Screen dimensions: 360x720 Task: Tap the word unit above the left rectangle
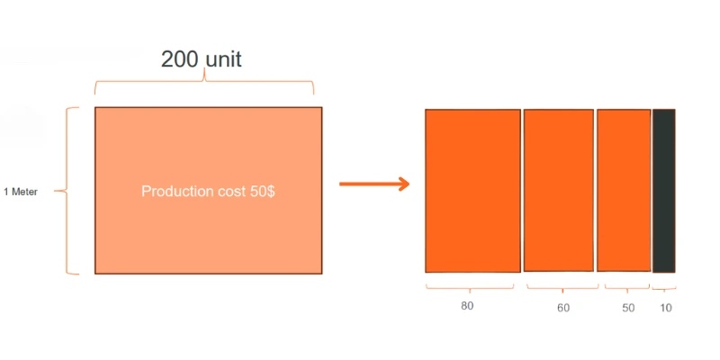(x=221, y=59)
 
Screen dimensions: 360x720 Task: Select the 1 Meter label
(x=20, y=192)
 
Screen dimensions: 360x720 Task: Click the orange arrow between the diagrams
(x=373, y=184)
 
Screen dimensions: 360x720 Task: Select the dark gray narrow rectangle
(x=663, y=191)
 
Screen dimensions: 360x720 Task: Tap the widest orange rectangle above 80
(x=472, y=191)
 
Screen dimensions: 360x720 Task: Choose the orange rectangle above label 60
(x=559, y=191)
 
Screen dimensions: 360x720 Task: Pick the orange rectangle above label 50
(x=624, y=191)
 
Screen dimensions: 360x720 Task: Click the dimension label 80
(x=467, y=306)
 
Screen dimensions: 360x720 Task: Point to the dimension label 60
(x=563, y=308)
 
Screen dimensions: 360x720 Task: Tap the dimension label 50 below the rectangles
(x=628, y=308)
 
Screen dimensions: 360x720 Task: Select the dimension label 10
(x=666, y=308)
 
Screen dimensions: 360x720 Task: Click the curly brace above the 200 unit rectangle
(x=204, y=85)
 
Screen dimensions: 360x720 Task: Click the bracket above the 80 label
(x=469, y=289)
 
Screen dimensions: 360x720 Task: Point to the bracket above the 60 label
(x=562, y=289)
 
